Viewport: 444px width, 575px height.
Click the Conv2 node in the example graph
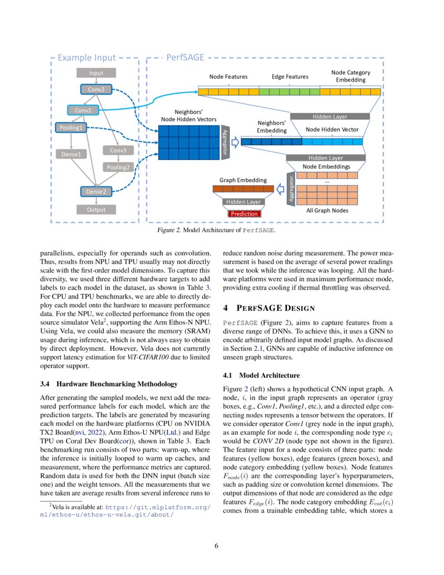pos(96,89)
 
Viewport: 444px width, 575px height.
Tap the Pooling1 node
pos(71,127)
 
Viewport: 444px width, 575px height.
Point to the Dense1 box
pos(71,154)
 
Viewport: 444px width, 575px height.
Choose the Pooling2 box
pos(118,167)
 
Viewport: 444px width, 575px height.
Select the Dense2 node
pos(96,192)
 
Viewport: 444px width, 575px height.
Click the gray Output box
pos(96,210)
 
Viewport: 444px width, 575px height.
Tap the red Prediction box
pos(244,214)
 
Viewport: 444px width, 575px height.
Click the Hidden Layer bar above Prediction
pos(244,202)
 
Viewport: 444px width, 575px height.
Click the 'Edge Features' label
pos(290,76)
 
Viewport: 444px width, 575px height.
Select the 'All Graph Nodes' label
pos(328,211)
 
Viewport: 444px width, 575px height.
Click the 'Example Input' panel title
pos(87,57)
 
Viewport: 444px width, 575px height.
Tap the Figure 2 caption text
pos(217,230)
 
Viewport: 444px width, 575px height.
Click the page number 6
pos(217,546)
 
